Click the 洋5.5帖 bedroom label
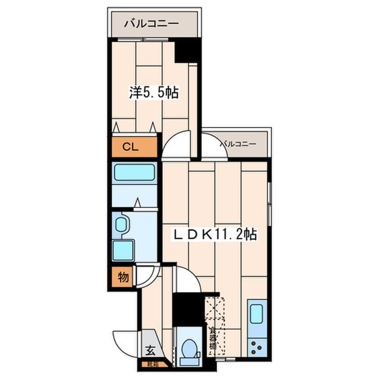(154, 93)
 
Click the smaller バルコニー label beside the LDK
(237, 144)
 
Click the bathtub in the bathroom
(134, 173)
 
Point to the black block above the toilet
(185, 308)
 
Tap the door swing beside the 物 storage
(146, 277)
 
